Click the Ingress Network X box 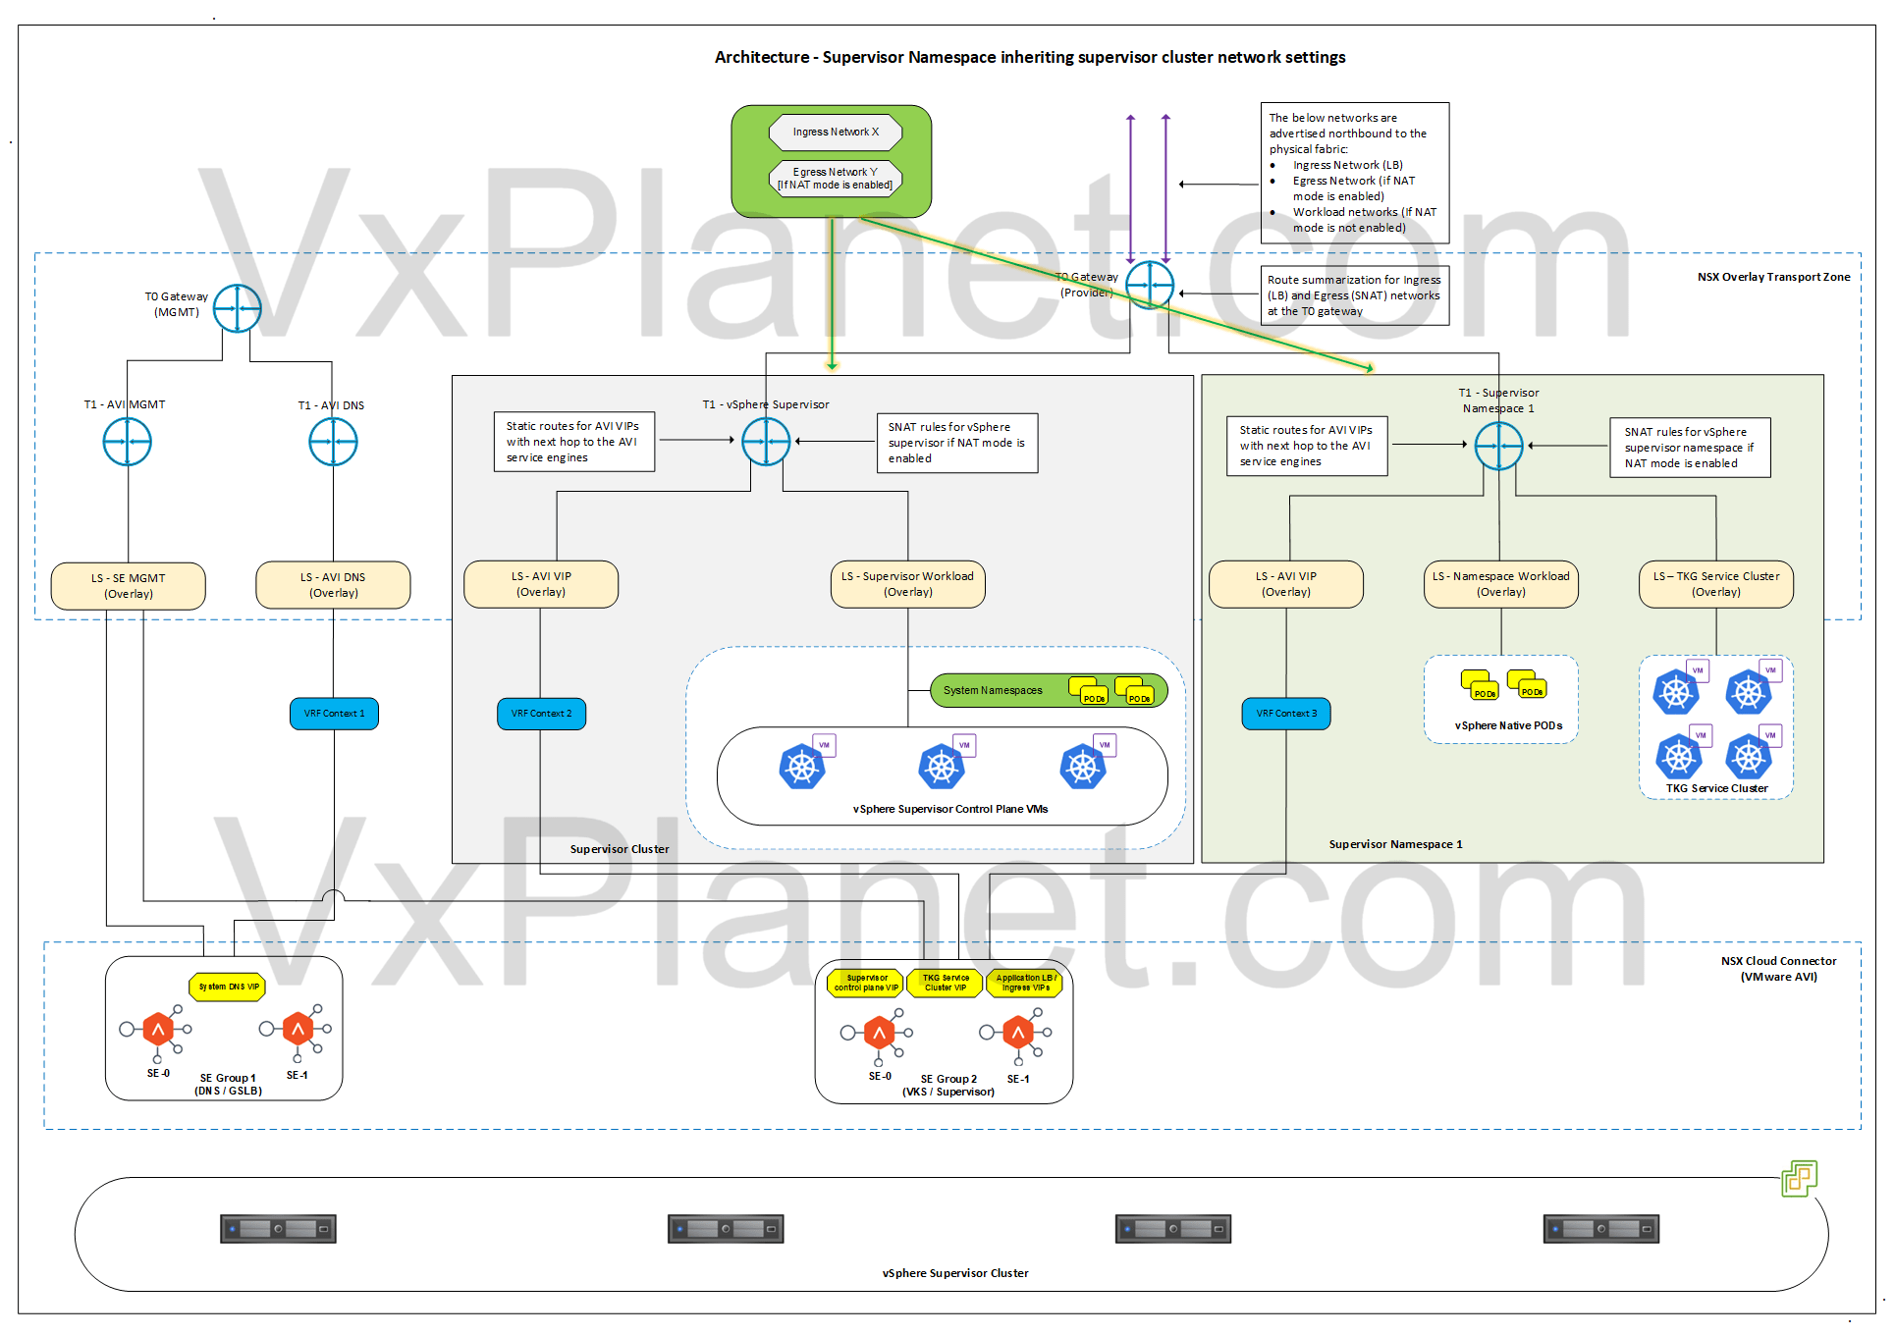[836, 132]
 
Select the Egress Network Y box [835, 179]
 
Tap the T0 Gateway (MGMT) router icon [237, 308]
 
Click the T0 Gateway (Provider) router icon [1149, 285]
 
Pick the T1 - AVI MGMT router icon [128, 442]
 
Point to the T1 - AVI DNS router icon [333, 442]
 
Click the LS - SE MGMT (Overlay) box [129, 586]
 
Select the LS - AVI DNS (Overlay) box [334, 585]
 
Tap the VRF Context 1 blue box [334, 714]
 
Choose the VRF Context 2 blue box [541, 714]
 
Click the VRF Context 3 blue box [1286, 714]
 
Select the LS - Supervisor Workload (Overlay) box [907, 584]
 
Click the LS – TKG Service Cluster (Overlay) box [1715, 584]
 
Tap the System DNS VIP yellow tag [228, 987]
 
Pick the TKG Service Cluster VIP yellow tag [945, 983]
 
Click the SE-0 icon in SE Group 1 [157, 1030]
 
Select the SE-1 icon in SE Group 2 [1018, 1033]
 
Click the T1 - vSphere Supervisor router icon [766, 441]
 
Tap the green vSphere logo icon [1799, 1178]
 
